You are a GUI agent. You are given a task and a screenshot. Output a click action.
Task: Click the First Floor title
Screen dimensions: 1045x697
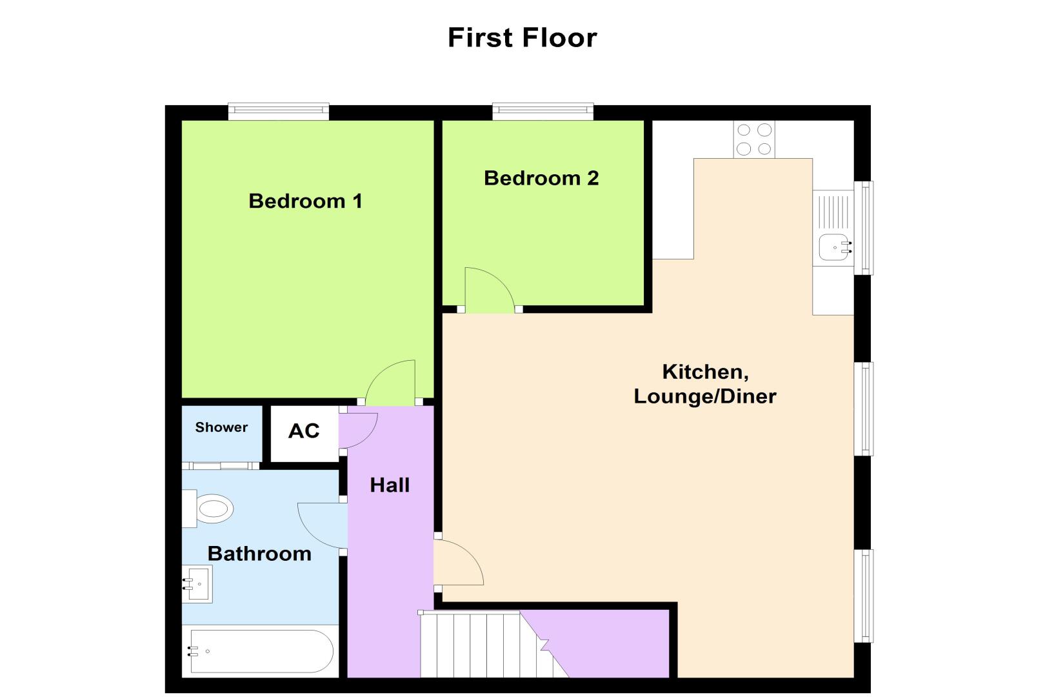pyautogui.click(x=522, y=37)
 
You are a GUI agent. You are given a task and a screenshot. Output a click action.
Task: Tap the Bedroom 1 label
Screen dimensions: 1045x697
pyautogui.click(x=305, y=201)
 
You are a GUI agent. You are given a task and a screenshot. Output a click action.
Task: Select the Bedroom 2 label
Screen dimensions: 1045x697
pyautogui.click(x=541, y=178)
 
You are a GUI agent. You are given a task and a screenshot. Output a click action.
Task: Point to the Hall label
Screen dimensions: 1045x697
pyautogui.click(x=390, y=485)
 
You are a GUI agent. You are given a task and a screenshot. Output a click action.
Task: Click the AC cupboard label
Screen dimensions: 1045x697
pyautogui.click(x=304, y=431)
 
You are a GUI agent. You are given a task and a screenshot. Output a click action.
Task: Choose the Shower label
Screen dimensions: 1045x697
pyautogui.click(x=221, y=427)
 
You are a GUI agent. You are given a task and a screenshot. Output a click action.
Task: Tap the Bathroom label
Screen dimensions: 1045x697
pyautogui.click(x=259, y=554)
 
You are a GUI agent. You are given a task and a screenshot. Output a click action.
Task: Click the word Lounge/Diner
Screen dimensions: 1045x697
pyautogui.click(x=704, y=396)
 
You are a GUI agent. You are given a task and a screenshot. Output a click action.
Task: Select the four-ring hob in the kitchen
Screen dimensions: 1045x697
pyautogui.click(x=754, y=139)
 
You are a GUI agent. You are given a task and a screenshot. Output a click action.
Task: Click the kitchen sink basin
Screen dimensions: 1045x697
pyautogui.click(x=834, y=247)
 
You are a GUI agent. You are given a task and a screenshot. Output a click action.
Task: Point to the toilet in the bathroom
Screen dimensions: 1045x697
pyautogui.click(x=208, y=509)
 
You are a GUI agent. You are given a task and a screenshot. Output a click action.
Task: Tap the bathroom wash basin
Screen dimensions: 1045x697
pyautogui.click(x=197, y=584)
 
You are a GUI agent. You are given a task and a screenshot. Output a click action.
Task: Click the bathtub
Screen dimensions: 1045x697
pyautogui.click(x=261, y=651)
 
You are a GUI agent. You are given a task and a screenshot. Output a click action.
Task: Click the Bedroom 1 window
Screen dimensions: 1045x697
pyautogui.click(x=279, y=111)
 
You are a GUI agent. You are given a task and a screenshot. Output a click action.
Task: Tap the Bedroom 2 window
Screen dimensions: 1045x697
pyautogui.click(x=543, y=111)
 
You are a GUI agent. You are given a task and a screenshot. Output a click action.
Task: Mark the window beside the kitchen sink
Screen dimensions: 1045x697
pyautogui.click(x=864, y=228)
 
